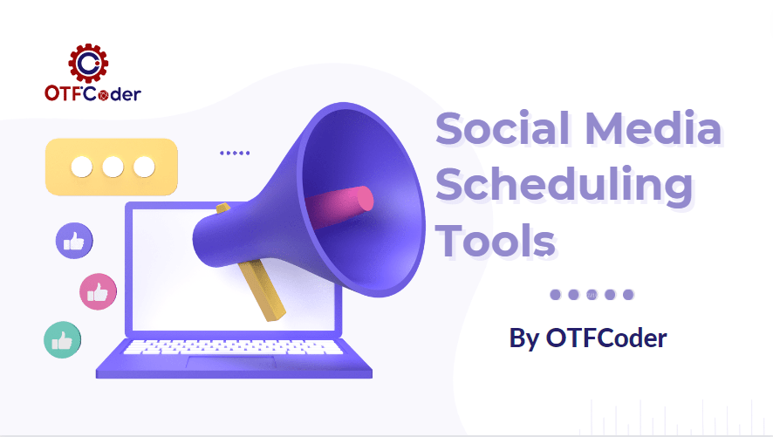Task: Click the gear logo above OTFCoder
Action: [87, 62]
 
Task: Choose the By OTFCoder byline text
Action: [588, 338]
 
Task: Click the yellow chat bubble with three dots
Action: [112, 167]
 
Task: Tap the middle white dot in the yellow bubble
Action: [112, 166]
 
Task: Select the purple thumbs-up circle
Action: [74, 240]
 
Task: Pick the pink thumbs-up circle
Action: [98, 291]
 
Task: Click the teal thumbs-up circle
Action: [62, 340]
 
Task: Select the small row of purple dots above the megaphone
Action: [235, 153]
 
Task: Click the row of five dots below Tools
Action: [592, 295]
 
